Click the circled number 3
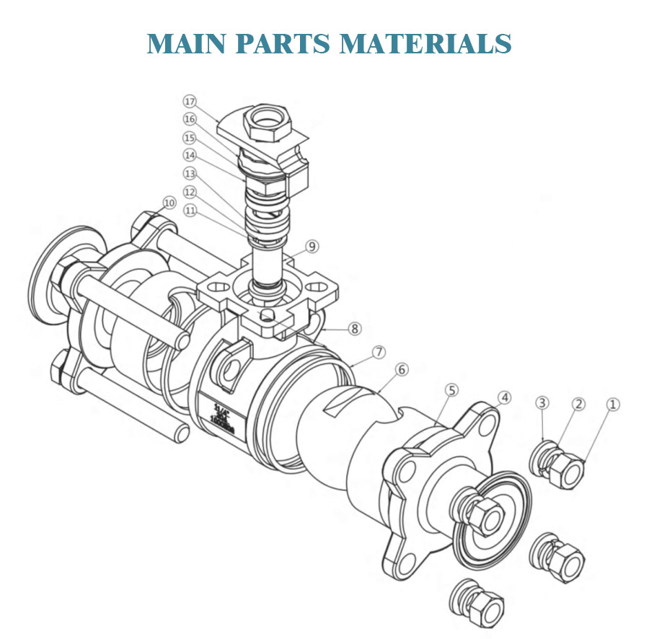coord(543,402)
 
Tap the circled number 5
coord(451,390)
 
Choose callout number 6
coord(402,369)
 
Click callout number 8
coord(354,328)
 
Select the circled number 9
coord(312,247)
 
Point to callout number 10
coord(169,203)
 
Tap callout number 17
coord(190,101)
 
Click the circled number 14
coord(190,155)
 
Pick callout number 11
coord(190,211)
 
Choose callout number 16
coord(190,119)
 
